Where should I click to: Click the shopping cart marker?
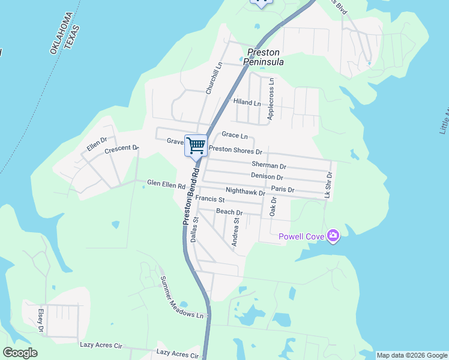[x=196, y=145]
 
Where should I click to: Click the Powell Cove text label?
[x=301, y=236]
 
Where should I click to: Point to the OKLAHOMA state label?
[x=61, y=32]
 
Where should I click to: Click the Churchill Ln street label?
[x=210, y=79]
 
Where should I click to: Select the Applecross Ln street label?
[x=271, y=98]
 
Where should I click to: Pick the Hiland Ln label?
[x=247, y=103]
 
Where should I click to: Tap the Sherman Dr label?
[x=269, y=165]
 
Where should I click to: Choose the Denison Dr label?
[x=267, y=177]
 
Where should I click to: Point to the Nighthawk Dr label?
[x=245, y=193]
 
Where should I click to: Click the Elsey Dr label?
[x=41, y=320]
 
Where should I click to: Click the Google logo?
[x=20, y=353]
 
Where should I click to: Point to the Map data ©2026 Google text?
[x=412, y=355]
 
